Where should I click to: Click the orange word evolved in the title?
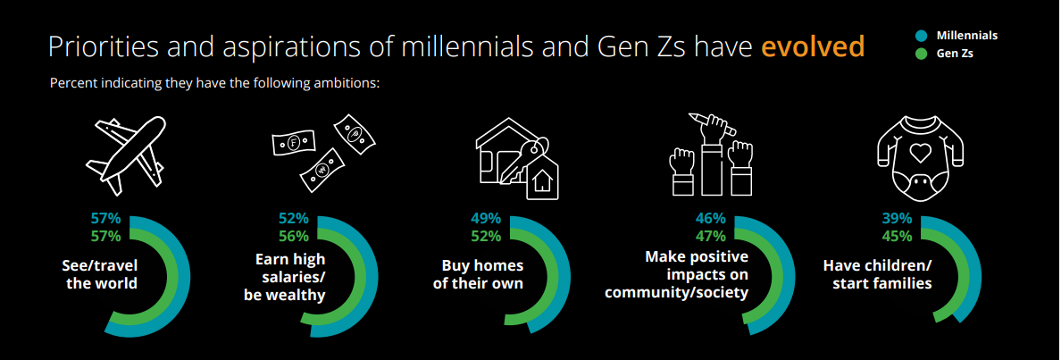[813, 46]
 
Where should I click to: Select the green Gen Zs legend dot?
[920, 54]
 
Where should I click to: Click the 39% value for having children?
[897, 219]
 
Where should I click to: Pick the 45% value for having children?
[897, 237]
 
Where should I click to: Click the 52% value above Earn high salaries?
[294, 219]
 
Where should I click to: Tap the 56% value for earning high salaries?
[294, 237]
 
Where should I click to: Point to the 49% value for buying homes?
[486, 219]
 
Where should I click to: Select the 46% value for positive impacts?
[711, 219]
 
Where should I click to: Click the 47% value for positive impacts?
[711, 237]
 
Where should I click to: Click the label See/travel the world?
[102, 273]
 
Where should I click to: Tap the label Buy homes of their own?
[478, 273]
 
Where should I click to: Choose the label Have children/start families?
[877, 273]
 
